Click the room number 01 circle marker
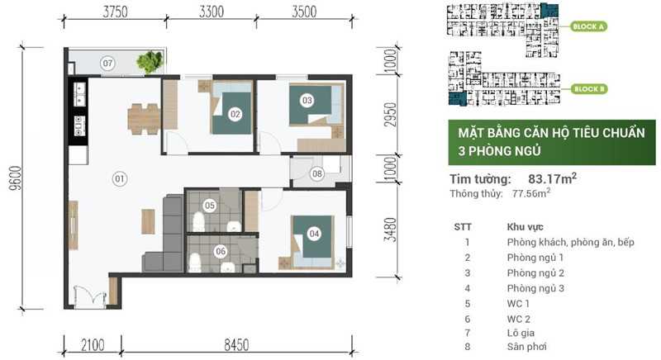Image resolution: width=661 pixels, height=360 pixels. (119, 178)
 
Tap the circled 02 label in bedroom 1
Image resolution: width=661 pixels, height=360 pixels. (235, 114)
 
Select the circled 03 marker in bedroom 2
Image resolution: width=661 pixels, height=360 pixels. (307, 101)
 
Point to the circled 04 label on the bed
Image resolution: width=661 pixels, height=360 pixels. (314, 234)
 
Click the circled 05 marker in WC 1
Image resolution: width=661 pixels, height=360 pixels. (210, 205)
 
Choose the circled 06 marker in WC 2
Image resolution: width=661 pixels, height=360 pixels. (220, 252)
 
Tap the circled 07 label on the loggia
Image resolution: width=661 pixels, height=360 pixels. (107, 63)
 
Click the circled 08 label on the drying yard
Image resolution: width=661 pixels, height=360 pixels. (317, 173)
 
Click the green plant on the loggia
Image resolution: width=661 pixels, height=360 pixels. (150, 60)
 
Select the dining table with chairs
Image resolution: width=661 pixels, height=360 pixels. (144, 118)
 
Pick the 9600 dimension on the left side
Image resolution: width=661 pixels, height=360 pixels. (16, 175)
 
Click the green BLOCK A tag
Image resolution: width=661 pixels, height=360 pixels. (589, 26)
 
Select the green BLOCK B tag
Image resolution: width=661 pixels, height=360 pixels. (589, 88)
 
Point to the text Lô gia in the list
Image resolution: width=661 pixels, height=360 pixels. (521, 331)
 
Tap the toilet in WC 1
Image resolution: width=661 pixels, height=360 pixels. (198, 222)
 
